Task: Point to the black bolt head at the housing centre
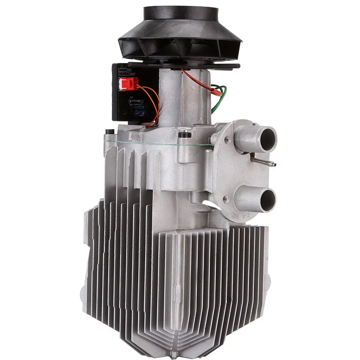[182, 134]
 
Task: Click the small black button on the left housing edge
[108, 132]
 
